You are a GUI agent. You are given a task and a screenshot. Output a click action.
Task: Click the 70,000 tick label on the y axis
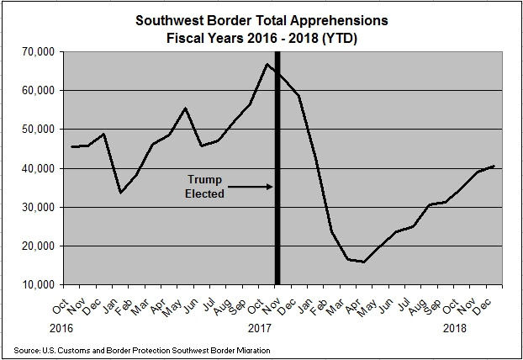point(37,52)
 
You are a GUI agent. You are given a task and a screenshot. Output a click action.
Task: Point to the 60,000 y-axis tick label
point(37,91)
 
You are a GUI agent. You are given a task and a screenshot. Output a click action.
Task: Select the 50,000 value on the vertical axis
point(37,130)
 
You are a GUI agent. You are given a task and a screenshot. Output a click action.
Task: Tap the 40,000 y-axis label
point(37,168)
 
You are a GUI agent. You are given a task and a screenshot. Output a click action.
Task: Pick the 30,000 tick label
point(37,207)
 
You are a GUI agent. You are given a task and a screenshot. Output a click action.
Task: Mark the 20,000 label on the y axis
point(37,246)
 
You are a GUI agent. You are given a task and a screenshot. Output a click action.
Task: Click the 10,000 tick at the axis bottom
point(37,284)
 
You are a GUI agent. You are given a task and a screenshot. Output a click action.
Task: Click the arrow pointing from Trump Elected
point(248,186)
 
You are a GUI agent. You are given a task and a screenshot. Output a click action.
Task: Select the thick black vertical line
point(277,168)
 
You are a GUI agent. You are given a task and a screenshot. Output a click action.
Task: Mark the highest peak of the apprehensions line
point(267,65)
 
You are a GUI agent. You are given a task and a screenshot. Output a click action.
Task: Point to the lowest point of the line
point(363,262)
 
